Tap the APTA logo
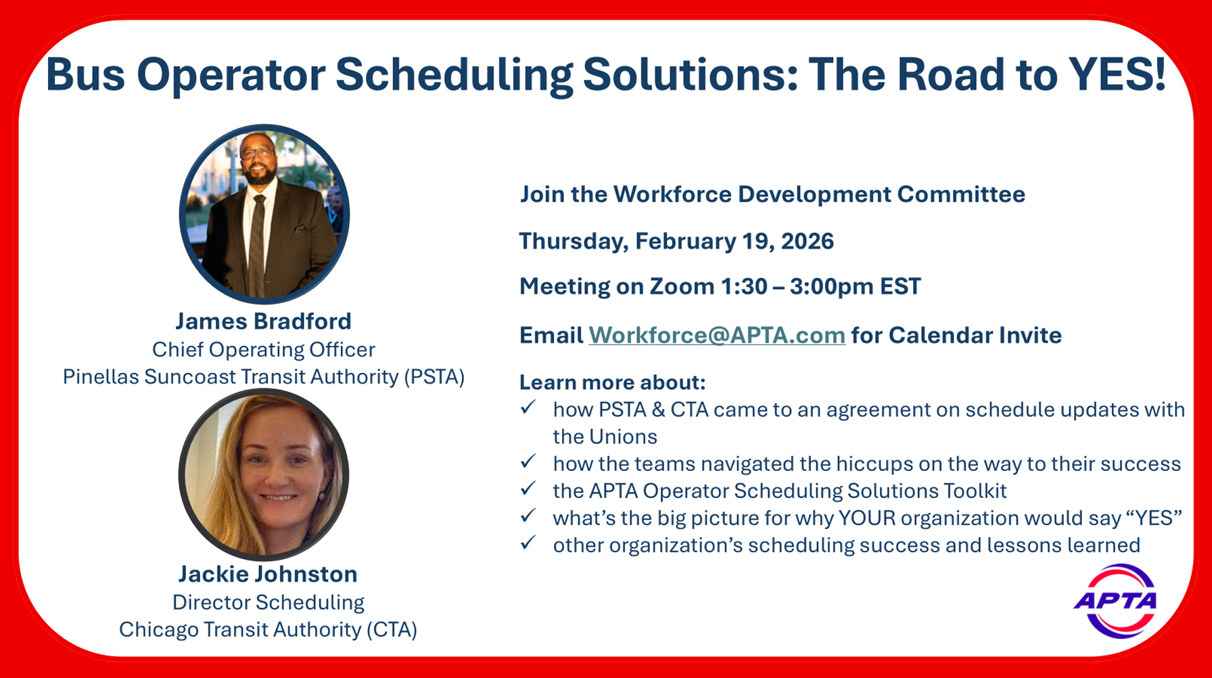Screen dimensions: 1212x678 (x=1115, y=601)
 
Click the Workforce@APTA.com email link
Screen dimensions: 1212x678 (x=716, y=336)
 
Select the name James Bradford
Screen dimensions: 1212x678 (x=263, y=321)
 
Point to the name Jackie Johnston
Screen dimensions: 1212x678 (x=268, y=574)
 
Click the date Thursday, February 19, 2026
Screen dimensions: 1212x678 (x=676, y=242)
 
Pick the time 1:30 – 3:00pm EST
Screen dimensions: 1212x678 (x=821, y=286)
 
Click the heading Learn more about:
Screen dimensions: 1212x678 (x=612, y=382)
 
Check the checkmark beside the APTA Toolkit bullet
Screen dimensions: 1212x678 (x=528, y=488)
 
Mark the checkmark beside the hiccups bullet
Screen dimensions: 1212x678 (x=528, y=461)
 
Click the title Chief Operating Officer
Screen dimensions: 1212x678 (x=263, y=350)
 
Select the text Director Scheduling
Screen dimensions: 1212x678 (x=268, y=602)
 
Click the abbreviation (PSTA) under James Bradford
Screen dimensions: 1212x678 (x=434, y=377)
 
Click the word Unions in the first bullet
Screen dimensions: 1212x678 (x=623, y=437)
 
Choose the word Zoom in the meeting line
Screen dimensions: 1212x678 (x=682, y=286)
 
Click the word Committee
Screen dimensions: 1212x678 (x=961, y=195)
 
